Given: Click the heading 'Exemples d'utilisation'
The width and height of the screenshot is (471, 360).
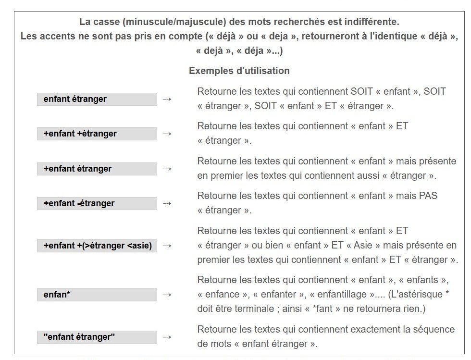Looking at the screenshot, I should pyautogui.click(x=239, y=71).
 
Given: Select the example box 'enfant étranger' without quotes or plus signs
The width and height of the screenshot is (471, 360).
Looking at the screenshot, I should pyautogui.click(x=97, y=99).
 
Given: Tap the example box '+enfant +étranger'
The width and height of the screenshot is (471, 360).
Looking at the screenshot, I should pyautogui.click(x=97, y=134).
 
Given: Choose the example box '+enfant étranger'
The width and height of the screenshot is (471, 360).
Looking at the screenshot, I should pyautogui.click(x=97, y=169).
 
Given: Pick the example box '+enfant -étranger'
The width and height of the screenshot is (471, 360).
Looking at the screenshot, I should pyautogui.click(x=97, y=203).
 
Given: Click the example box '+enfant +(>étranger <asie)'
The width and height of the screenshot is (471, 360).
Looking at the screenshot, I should pyautogui.click(x=97, y=246).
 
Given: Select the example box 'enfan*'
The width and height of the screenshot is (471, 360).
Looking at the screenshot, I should pyautogui.click(x=97, y=295).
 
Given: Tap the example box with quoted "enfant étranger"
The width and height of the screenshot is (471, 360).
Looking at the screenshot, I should pyautogui.click(x=97, y=337).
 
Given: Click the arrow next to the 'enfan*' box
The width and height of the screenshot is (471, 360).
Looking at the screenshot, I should pyautogui.click(x=167, y=295).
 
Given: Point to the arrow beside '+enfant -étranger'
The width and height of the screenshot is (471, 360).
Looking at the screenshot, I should pyautogui.click(x=167, y=203).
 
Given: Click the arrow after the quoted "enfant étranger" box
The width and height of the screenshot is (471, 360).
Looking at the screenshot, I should pyautogui.click(x=167, y=337).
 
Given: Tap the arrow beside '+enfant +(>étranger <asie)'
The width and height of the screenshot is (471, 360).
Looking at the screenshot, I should pyautogui.click(x=167, y=246).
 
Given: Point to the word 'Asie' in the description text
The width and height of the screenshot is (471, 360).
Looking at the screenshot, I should pyautogui.click(x=363, y=245).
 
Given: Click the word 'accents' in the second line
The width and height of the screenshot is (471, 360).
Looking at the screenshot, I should pyautogui.click(x=55, y=36).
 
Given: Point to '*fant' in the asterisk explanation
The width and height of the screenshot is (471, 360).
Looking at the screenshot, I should pyautogui.click(x=326, y=309).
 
